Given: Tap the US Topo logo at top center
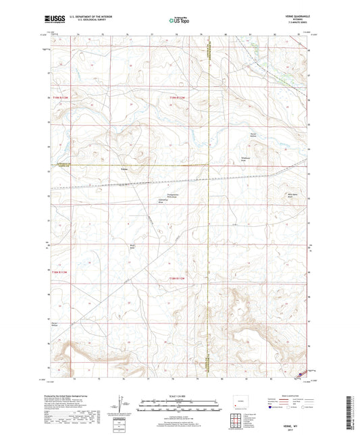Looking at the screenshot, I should click(x=179, y=20).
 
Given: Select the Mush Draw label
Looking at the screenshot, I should click(x=133, y=246).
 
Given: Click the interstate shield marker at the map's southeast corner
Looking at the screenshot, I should click(x=301, y=371).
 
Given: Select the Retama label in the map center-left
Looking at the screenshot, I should click(x=124, y=169).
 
